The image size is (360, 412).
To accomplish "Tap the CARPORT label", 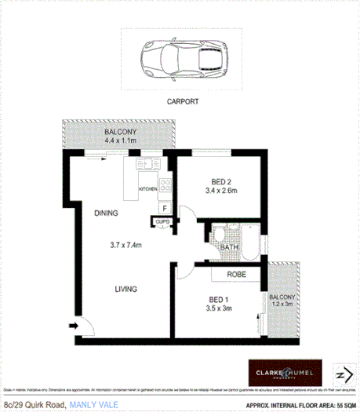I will pos(181,102).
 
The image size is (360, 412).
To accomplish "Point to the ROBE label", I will pos(238,275).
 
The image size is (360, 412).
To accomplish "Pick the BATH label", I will pos(229,247).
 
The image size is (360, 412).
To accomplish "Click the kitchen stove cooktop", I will pos(165,186).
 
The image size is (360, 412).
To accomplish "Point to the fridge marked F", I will pos(164,208).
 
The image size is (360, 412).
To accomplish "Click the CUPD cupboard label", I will pos(162,223).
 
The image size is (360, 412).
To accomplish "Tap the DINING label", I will pos(107,213).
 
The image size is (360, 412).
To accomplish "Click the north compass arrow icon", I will pos(340,373).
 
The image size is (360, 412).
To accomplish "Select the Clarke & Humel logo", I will pos(281,373).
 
